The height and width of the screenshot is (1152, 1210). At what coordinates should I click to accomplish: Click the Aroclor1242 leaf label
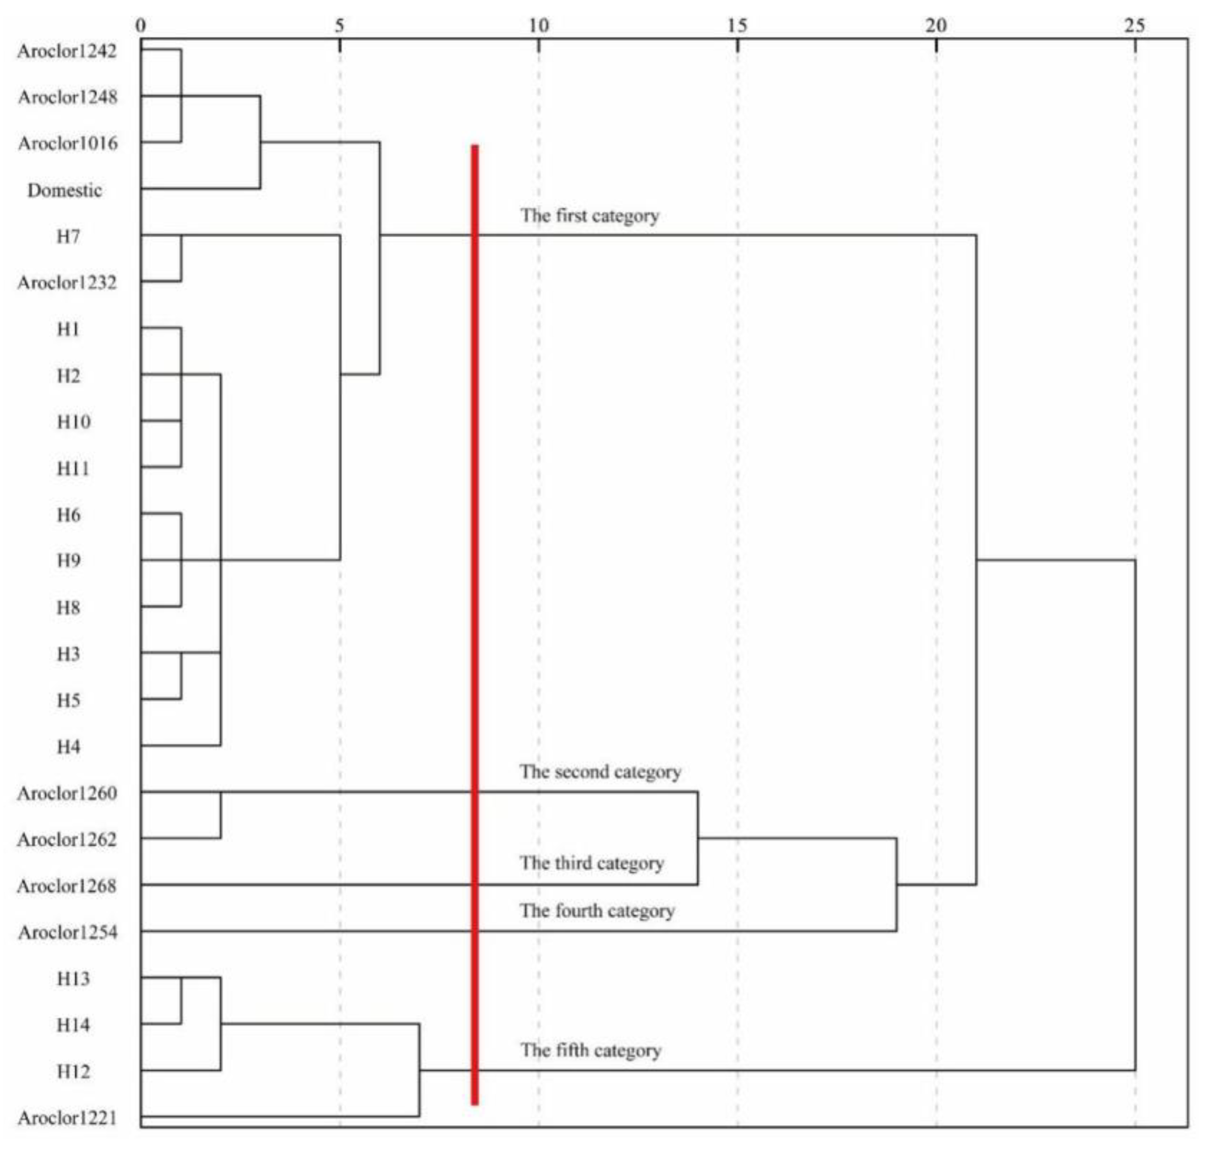67,51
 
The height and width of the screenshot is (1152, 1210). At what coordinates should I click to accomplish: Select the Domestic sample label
64,190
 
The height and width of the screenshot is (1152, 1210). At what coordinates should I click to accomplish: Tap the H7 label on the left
68,236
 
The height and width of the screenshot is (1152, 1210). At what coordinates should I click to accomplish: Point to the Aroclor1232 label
67,283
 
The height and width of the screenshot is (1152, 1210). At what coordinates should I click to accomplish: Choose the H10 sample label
73,422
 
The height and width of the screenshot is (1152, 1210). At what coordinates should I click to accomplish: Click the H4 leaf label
68,747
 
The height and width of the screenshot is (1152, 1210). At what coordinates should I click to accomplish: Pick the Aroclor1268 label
67,886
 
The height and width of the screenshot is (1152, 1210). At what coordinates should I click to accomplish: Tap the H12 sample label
73,1071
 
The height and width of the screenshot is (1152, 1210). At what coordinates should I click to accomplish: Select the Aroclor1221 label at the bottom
67,1118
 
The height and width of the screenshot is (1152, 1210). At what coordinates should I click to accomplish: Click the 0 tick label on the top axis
141,25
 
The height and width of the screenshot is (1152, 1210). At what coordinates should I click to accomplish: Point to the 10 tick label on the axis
538,25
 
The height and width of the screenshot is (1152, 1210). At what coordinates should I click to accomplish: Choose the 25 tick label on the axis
1135,25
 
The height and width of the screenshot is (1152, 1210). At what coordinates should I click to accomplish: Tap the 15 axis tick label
737,25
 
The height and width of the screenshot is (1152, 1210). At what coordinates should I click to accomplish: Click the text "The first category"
590,216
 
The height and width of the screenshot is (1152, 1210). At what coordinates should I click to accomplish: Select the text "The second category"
600,772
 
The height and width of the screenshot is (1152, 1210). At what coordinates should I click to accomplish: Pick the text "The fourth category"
597,911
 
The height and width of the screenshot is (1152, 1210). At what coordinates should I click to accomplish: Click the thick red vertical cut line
475,614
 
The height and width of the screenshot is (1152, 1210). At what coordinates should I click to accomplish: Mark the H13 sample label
73,979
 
